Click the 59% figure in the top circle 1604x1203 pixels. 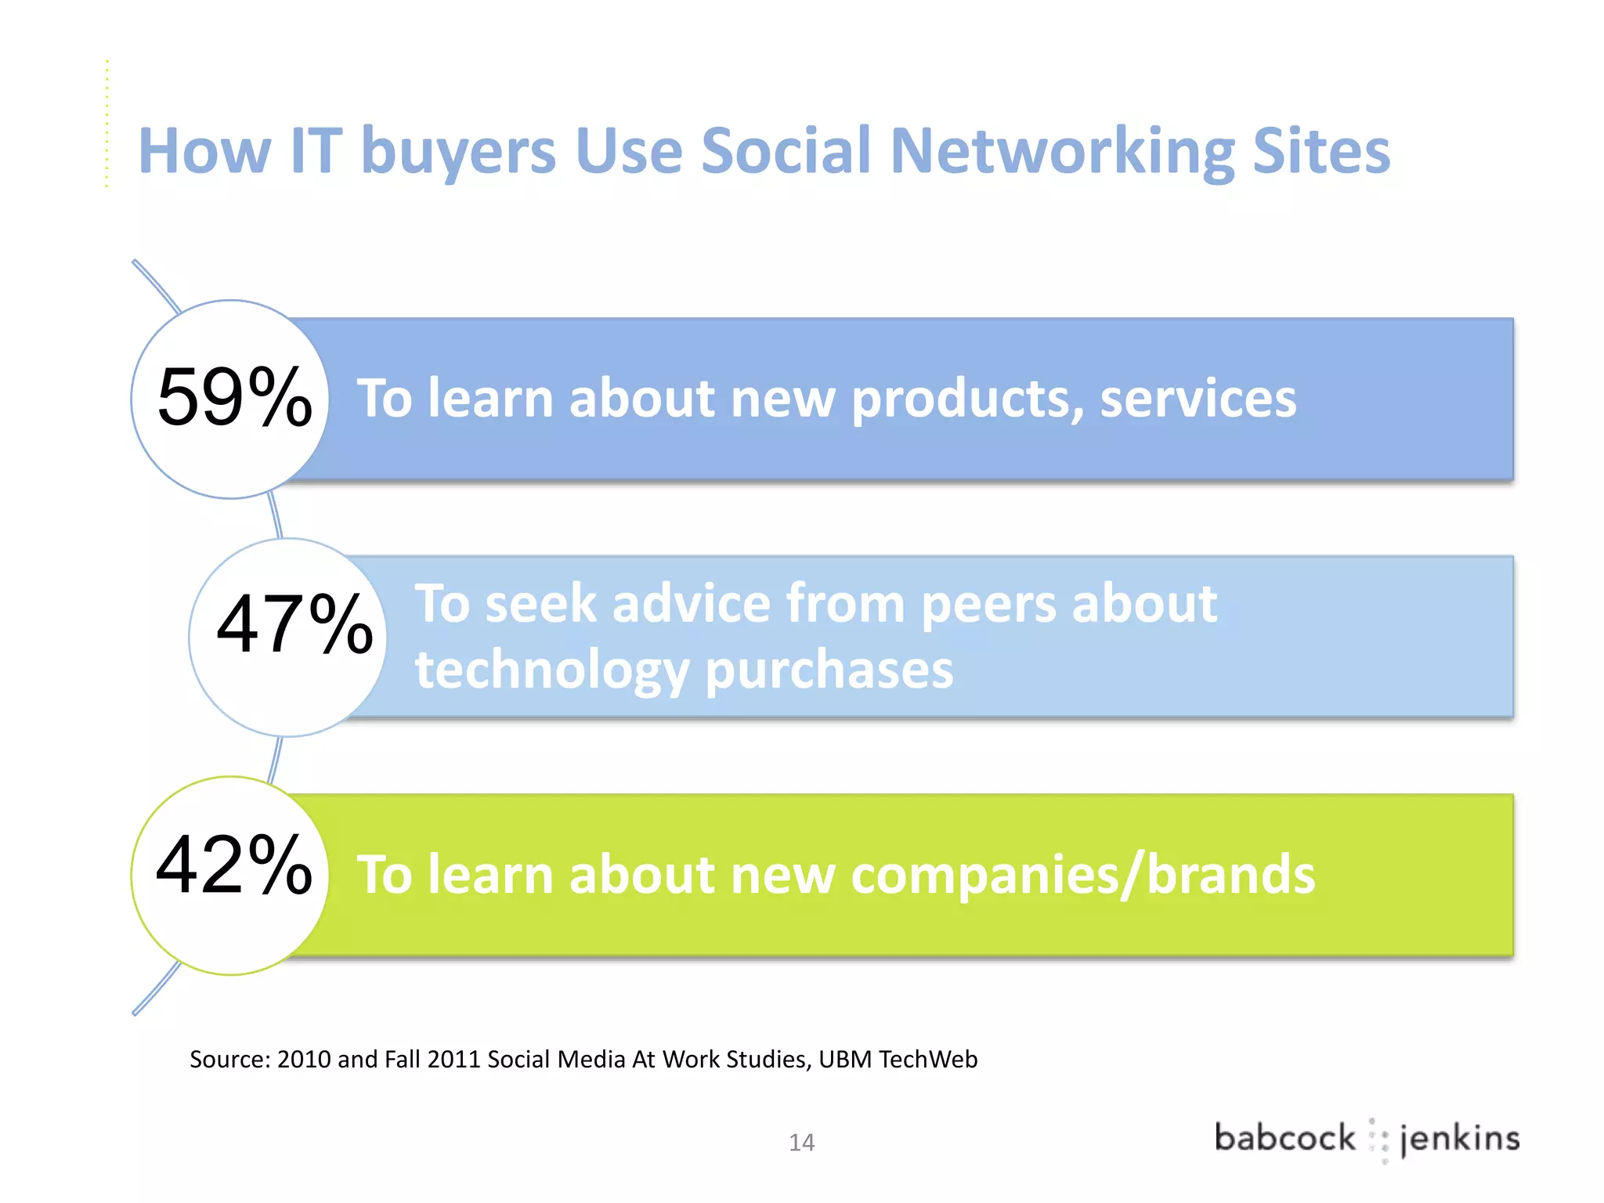click(x=234, y=398)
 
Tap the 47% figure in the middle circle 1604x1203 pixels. click(x=294, y=624)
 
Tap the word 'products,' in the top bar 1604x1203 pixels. click(x=966, y=399)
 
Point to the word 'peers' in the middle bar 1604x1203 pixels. click(x=988, y=605)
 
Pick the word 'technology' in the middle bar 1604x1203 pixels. click(x=552, y=670)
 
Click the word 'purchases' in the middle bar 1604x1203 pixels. click(x=829, y=671)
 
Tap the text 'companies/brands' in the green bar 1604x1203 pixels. click(x=1082, y=874)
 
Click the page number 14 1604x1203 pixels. click(x=801, y=1143)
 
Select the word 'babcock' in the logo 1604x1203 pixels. click(x=1284, y=1138)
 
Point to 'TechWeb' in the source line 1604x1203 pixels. click(x=928, y=1060)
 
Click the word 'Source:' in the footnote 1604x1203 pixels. click(x=230, y=1060)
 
